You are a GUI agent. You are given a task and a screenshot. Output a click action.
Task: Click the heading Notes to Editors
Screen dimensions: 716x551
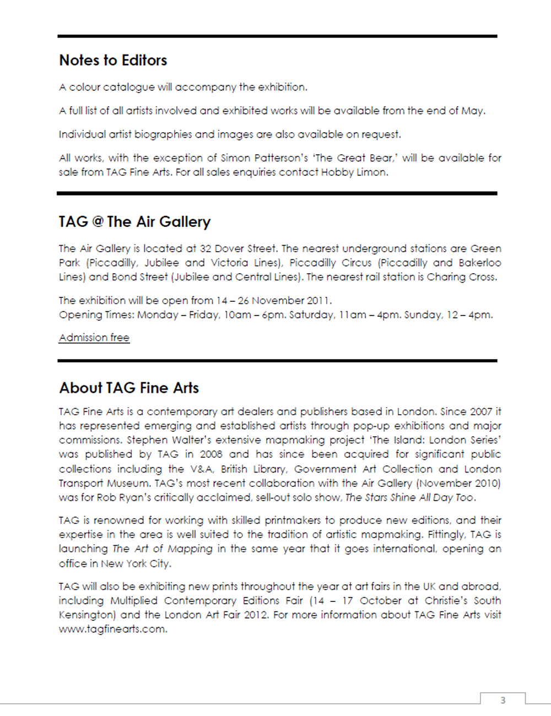click(x=113, y=60)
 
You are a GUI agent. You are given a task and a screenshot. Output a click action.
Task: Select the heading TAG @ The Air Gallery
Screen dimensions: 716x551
click(x=134, y=221)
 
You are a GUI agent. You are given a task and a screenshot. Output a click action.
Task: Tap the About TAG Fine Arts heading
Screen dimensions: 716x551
click(x=129, y=388)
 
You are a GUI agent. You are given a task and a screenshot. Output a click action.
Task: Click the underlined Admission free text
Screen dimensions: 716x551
click(x=94, y=338)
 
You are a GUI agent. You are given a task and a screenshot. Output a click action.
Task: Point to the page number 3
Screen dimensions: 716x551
click(x=503, y=700)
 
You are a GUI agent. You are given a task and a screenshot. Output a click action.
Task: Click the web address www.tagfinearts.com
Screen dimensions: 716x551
click(x=112, y=629)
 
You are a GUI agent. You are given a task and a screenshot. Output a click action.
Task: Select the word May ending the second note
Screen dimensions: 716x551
click(x=473, y=111)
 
